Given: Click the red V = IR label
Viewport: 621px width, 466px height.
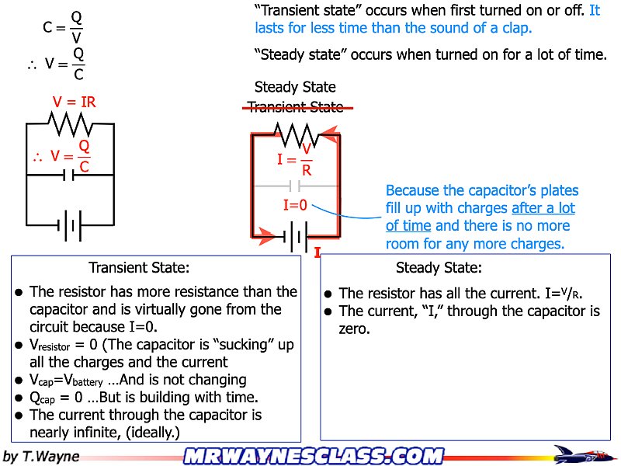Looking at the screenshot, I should click(x=74, y=102).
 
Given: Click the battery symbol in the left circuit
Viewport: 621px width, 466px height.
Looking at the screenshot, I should click(x=70, y=226).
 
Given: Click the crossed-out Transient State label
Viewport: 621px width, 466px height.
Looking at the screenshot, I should click(x=295, y=107).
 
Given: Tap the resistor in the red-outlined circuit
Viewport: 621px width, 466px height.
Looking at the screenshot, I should click(x=294, y=135).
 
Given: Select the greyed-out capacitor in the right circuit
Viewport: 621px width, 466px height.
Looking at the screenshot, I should click(x=294, y=186).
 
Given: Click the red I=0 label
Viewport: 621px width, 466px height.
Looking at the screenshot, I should click(x=296, y=206).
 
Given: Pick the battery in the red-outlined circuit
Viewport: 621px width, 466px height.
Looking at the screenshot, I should click(x=294, y=237).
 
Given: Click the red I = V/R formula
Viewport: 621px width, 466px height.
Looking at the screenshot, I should click(x=296, y=160).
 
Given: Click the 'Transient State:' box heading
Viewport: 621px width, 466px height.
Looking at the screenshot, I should click(x=139, y=268).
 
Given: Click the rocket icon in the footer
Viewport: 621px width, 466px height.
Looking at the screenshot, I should click(x=578, y=454).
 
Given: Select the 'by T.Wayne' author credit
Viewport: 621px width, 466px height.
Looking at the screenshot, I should click(x=42, y=456).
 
